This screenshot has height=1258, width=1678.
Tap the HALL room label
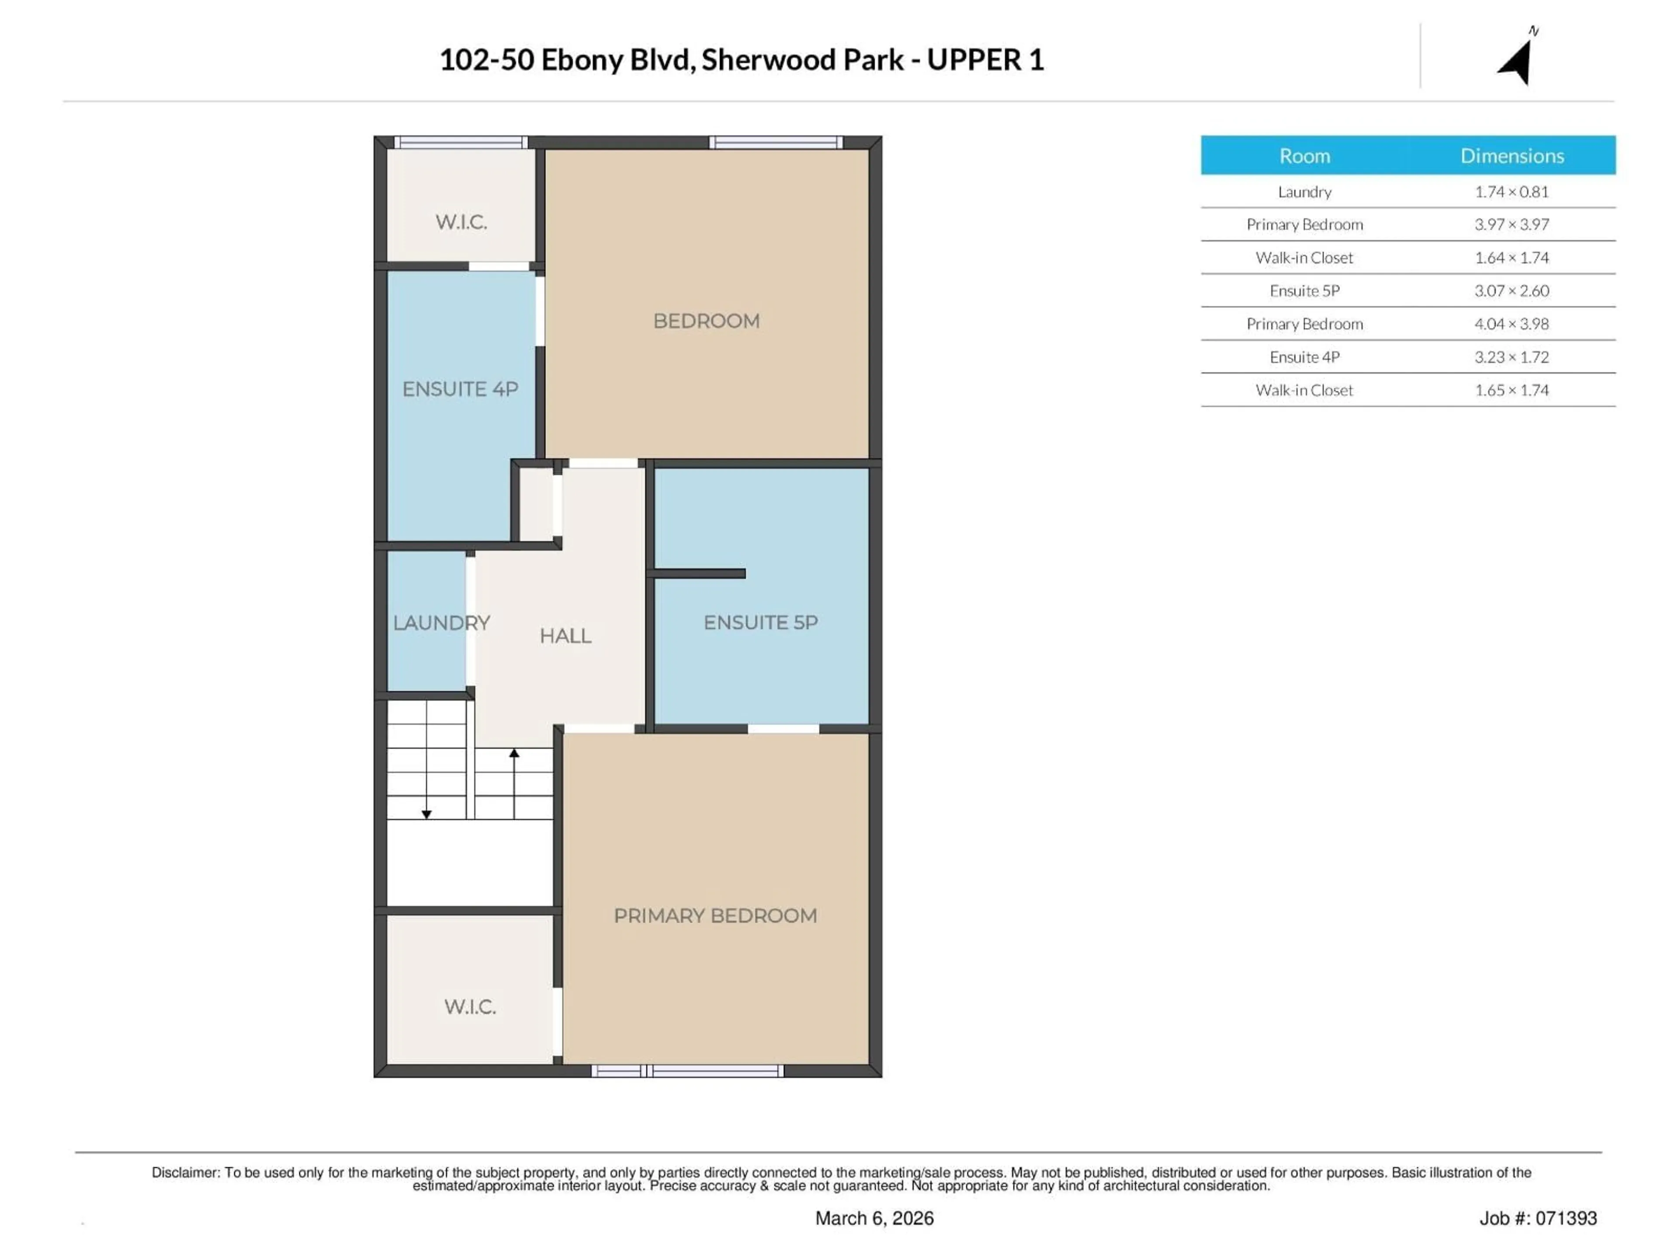565,636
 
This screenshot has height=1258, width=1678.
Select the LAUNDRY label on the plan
441,622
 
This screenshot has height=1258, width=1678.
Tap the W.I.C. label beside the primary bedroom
470,1006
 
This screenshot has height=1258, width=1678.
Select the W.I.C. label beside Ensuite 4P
461,221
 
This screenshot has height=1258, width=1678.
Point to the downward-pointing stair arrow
427,814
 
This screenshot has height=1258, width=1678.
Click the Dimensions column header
1512,156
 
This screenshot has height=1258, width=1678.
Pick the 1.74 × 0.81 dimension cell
1511,191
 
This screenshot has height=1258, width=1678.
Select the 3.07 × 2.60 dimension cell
1511,290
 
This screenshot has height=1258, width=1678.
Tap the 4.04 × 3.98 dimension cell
1511,324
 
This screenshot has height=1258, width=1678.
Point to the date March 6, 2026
874,1218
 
